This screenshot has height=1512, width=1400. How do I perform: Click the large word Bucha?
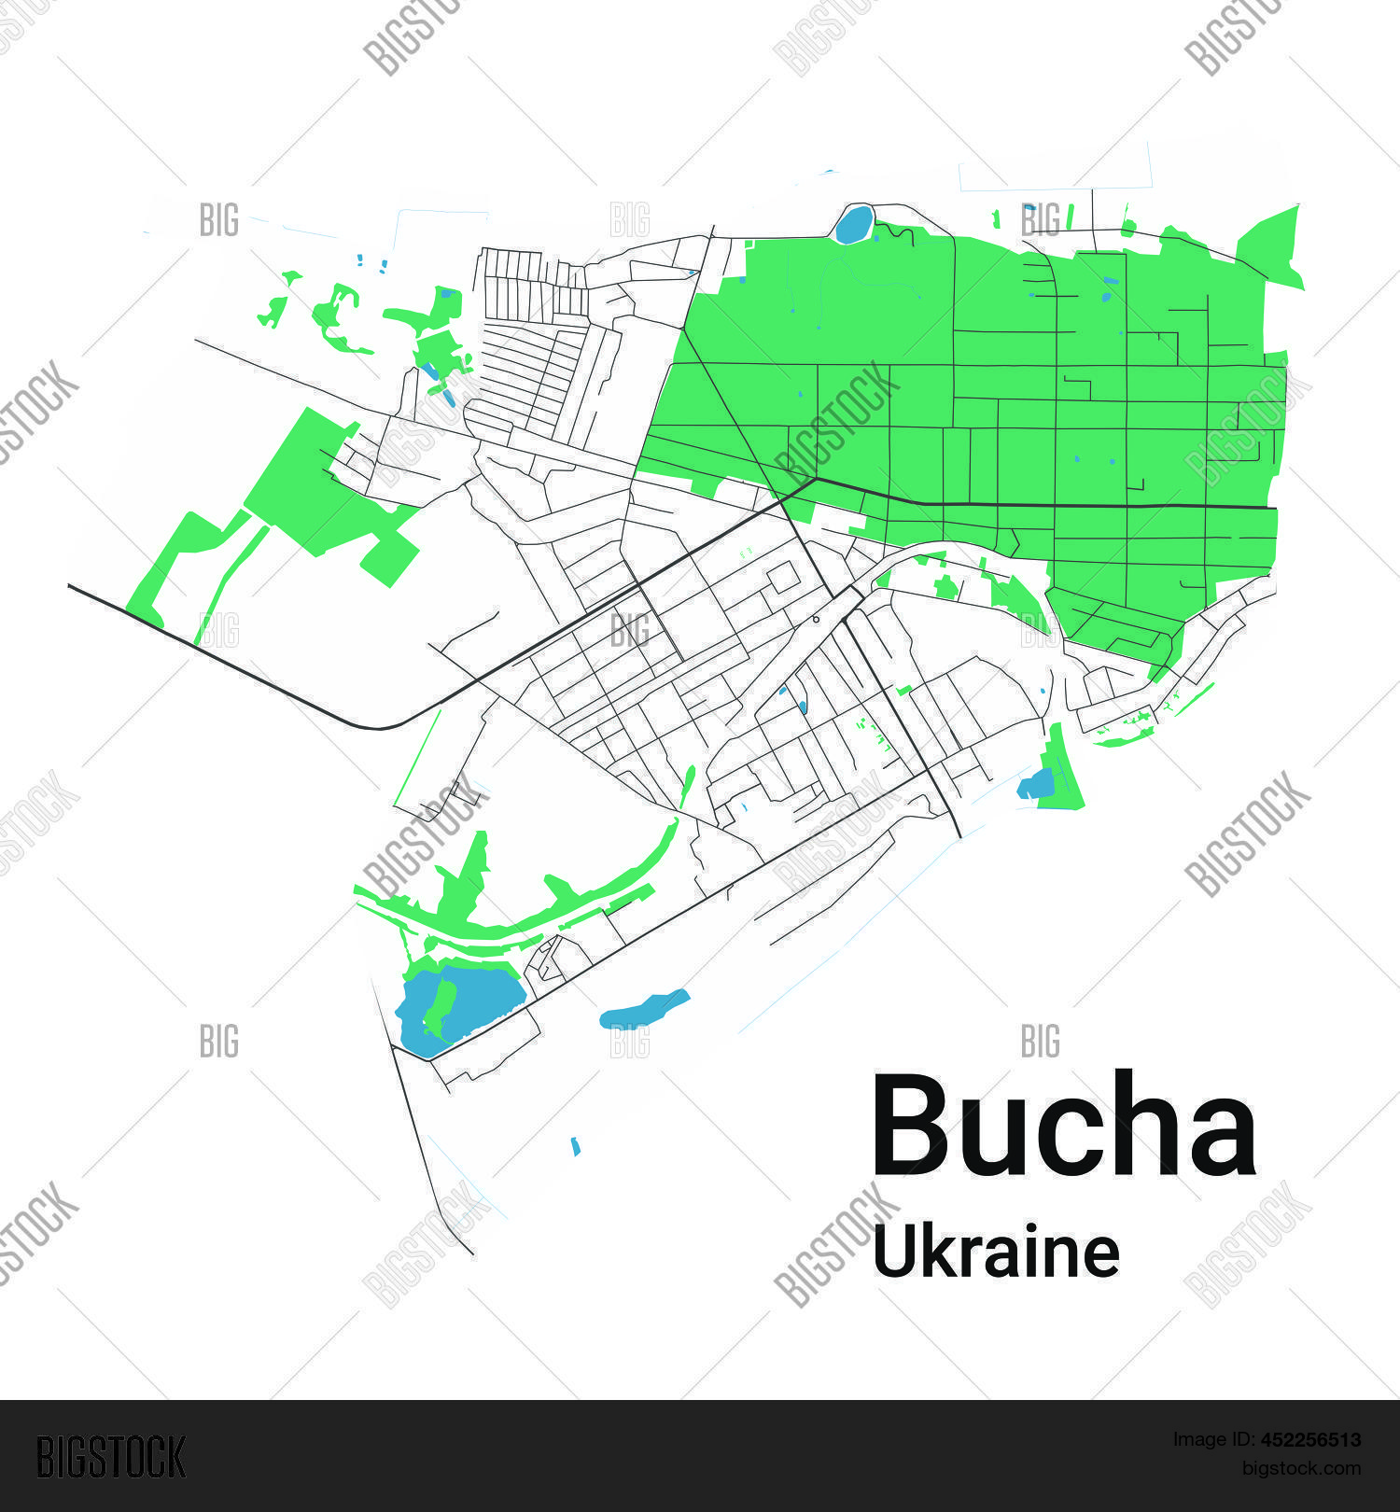point(1064,1126)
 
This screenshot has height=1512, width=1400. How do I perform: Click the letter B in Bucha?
point(912,1126)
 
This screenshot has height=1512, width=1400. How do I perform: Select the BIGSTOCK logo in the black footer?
point(111,1457)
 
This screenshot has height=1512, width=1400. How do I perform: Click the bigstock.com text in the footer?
point(1300,1468)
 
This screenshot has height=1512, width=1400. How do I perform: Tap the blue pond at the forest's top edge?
point(853,225)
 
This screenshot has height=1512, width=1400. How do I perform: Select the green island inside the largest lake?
point(439,1008)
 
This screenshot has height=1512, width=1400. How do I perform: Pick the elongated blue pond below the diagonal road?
point(644,1008)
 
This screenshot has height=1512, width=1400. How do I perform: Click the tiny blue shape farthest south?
point(576,1145)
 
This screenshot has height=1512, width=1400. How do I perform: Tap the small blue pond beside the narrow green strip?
point(1036,784)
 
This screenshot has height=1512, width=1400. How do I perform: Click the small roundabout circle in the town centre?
point(816,619)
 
